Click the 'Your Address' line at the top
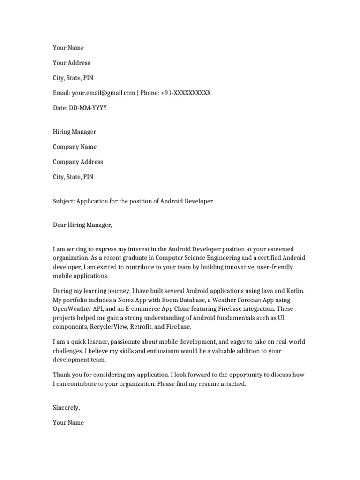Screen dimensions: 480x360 [x=71, y=63]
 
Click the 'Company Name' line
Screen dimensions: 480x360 [x=75, y=147]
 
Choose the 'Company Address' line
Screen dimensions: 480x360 [x=77, y=162]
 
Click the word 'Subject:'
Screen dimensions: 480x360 [x=63, y=201]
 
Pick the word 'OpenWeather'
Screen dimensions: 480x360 [x=73, y=308]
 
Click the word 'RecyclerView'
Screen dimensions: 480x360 [x=107, y=327]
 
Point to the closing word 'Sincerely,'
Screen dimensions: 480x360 [x=66, y=408]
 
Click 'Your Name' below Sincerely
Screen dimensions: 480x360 [x=68, y=423]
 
